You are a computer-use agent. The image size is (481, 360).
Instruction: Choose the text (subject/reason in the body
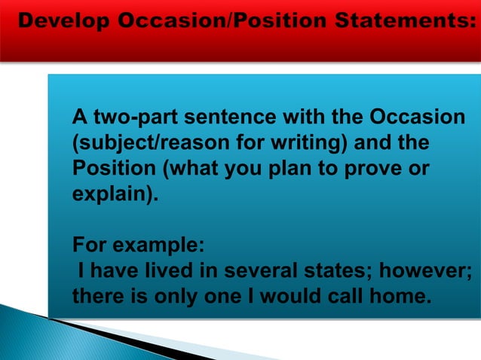coord(131,142)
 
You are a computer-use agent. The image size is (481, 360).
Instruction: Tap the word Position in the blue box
coord(106,167)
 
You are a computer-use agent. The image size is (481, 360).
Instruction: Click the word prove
coord(380,167)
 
